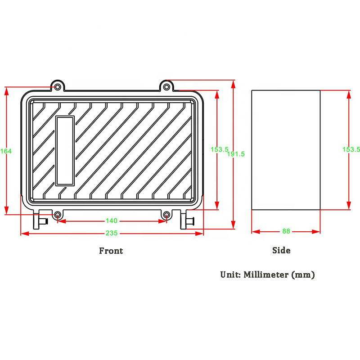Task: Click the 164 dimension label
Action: tap(6, 151)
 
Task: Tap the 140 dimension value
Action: tap(112, 220)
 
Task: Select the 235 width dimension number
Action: tap(112, 233)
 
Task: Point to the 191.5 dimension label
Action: tap(236, 154)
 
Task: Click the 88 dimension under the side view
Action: tap(286, 231)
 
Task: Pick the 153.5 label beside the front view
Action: tap(220, 149)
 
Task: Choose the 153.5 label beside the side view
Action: tap(351, 149)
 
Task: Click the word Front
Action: tap(111, 251)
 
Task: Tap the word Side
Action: tap(281, 250)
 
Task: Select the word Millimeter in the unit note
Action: tap(266, 274)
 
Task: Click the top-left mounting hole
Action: tap(58, 87)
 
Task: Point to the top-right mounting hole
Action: tap(166, 87)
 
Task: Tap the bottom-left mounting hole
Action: tap(58, 215)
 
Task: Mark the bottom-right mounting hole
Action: tap(166, 215)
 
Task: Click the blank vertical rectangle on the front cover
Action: tap(65, 151)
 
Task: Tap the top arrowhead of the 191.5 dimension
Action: tap(233, 85)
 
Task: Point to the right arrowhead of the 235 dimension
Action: tap(199, 234)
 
